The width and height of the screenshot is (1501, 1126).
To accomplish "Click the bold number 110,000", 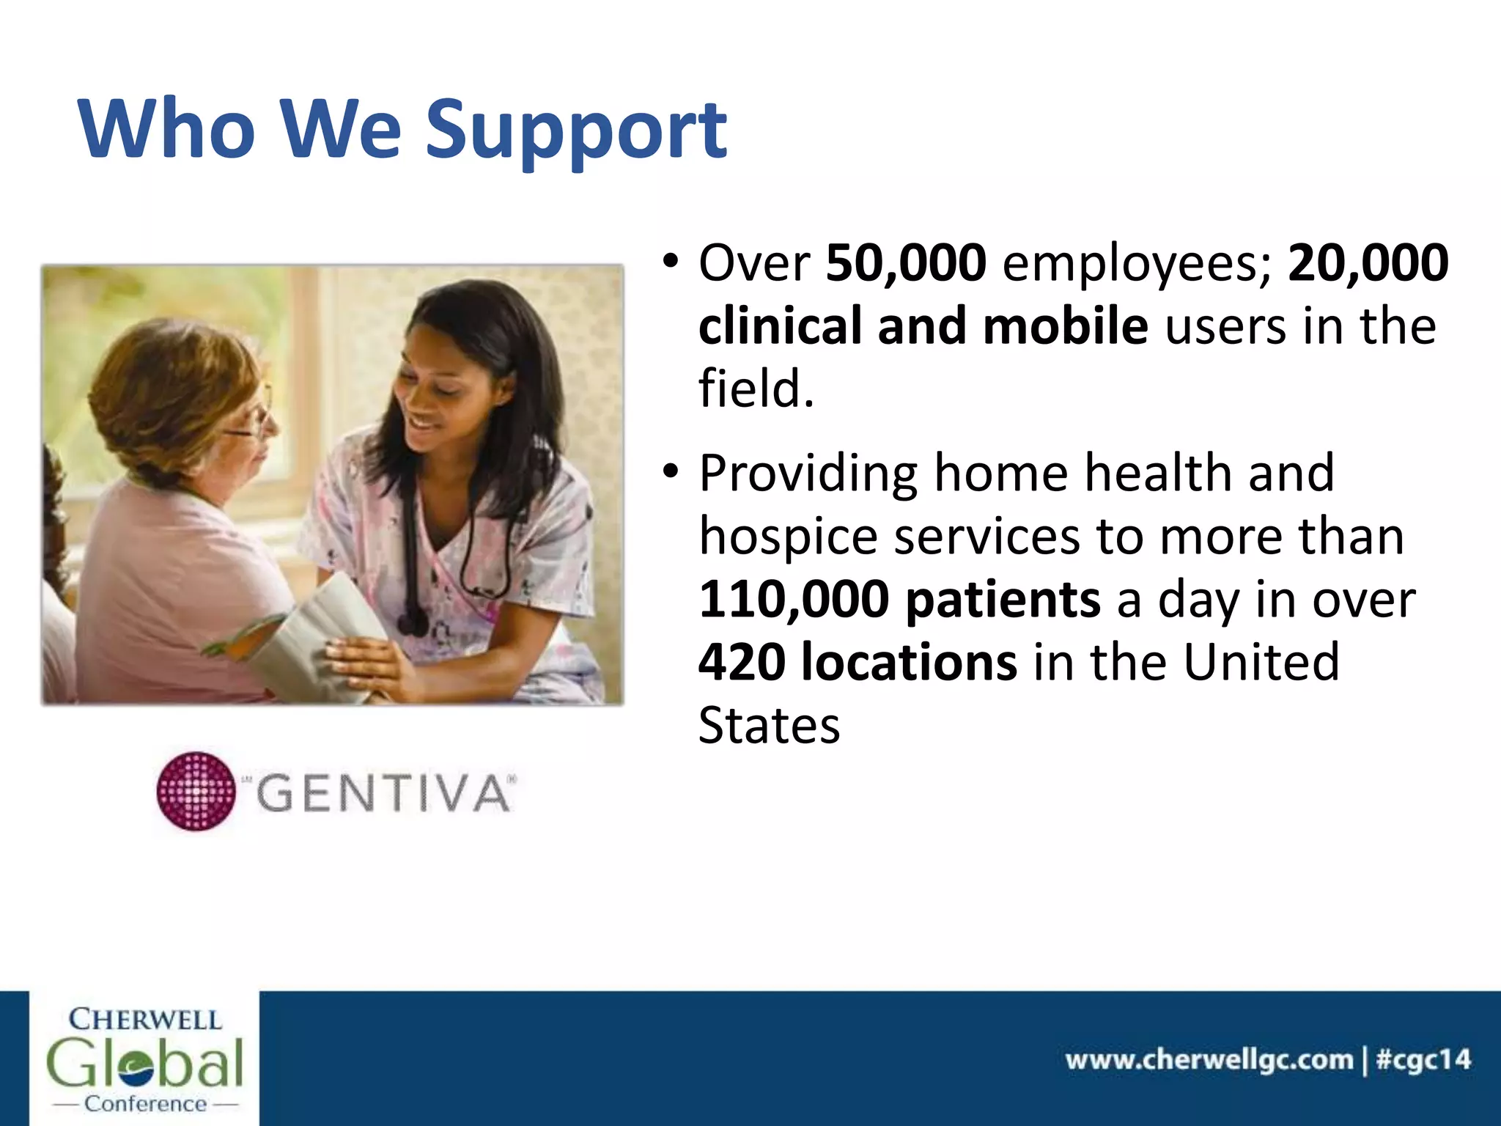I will [794, 600].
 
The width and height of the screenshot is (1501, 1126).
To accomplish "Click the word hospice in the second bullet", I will [788, 537].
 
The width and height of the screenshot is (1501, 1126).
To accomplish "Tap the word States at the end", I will [769, 726].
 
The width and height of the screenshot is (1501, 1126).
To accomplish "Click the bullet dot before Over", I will [670, 261].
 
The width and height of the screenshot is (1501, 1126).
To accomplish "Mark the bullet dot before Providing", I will [670, 471].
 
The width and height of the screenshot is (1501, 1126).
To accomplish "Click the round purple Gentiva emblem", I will [196, 791].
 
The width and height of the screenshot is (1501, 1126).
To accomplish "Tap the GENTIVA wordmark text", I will [383, 794].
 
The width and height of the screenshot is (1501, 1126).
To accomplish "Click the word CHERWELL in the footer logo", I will [144, 1020].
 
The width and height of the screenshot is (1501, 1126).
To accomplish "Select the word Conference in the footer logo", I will [145, 1104].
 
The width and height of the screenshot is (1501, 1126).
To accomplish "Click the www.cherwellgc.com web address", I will [1209, 1060].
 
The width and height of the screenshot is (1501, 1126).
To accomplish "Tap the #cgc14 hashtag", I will [1423, 1060].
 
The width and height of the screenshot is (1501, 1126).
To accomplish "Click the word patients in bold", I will [1002, 600].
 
